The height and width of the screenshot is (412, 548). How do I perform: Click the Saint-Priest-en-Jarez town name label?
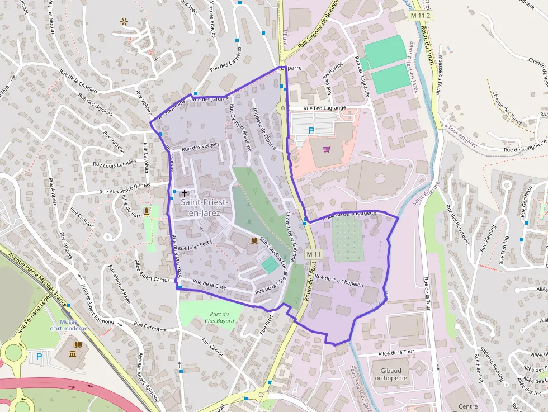pyautogui.click(x=201, y=208)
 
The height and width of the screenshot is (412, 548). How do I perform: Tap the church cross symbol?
pyautogui.click(x=185, y=193)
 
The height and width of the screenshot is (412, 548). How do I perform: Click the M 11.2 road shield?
pyautogui.click(x=421, y=16)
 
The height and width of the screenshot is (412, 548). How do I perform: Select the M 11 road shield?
pyautogui.click(x=314, y=254)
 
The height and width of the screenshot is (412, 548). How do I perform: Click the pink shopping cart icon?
pyautogui.click(x=327, y=149)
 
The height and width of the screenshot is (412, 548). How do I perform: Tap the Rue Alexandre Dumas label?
pyautogui.click(x=125, y=189)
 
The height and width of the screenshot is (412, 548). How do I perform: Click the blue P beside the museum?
pyautogui.click(x=39, y=356)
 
